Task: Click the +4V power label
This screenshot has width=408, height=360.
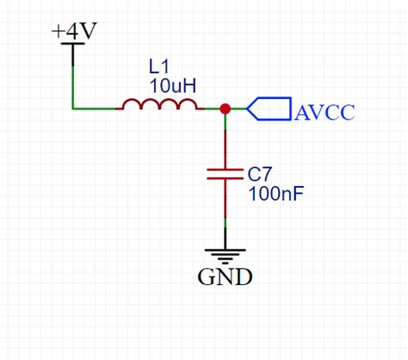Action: (74, 31)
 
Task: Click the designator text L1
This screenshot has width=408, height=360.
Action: (159, 66)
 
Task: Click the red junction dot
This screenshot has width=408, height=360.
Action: (225, 109)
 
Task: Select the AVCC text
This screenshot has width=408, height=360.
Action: (325, 111)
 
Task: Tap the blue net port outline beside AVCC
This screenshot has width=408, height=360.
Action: (269, 109)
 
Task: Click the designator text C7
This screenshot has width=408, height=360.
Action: (260, 173)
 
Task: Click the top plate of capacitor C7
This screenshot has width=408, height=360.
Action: (225, 170)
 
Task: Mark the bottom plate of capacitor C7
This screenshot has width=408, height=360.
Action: (225, 179)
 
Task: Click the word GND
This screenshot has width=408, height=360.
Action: (225, 277)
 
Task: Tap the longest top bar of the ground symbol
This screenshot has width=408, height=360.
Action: (225, 250)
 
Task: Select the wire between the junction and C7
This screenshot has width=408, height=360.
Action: (225, 138)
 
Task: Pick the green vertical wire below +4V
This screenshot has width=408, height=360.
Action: (74, 82)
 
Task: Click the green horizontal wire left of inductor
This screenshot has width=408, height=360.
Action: (95, 109)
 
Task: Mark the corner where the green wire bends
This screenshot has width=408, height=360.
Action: (74, 109)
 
